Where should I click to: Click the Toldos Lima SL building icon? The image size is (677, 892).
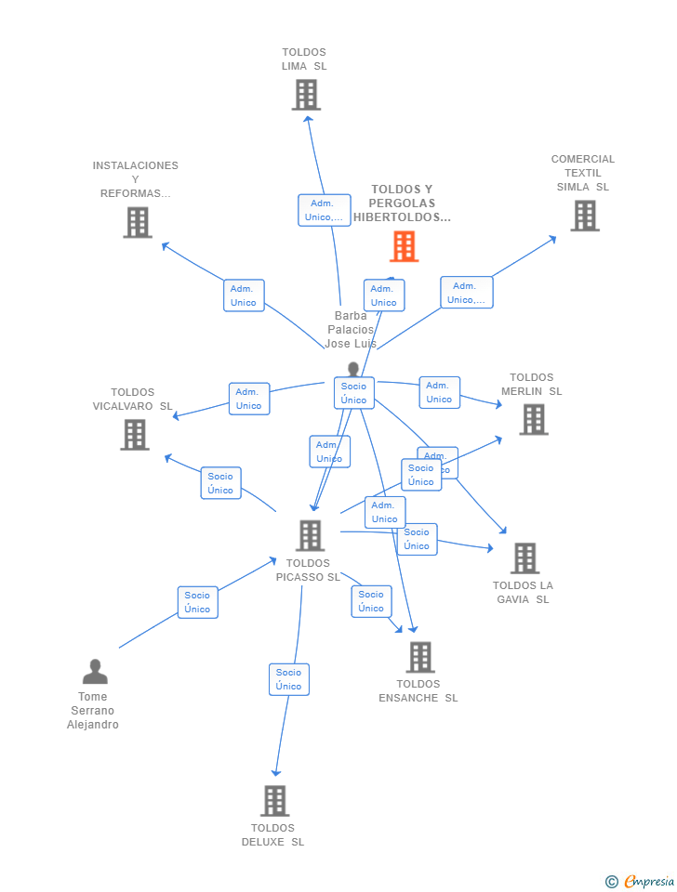[306, 95]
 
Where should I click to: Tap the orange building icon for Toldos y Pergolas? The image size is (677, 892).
[404, 246]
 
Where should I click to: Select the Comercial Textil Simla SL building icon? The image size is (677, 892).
[584, 216]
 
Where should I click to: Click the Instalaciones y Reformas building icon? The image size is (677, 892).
[138, 222]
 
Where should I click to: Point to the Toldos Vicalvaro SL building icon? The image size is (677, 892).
[135, 434]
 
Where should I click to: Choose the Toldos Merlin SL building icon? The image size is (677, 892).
[533, 419]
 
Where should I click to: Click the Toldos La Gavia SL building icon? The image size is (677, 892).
[524, 558]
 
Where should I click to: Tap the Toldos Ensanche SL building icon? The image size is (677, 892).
[419, 657]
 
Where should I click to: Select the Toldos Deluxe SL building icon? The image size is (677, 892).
[274, 801]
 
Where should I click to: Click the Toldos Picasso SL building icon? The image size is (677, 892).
[310, 535]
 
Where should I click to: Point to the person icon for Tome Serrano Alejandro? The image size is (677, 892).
[94, 672]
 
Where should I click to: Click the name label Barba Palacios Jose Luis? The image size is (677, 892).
[351, 330]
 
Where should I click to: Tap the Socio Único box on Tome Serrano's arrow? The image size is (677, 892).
[197, 602]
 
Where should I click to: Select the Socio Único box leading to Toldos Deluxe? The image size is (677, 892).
[288, 679]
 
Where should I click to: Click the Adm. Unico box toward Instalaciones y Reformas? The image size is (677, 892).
[244, 295]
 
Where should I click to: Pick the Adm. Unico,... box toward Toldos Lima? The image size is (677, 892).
[324, 210]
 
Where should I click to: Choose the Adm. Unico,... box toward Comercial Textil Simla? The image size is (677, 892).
[466, 293]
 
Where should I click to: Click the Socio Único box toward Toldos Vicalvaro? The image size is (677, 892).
[220, 483]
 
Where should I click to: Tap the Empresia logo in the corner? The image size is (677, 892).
[641, 881]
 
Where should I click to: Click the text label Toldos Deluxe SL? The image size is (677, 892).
[272, 835]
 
